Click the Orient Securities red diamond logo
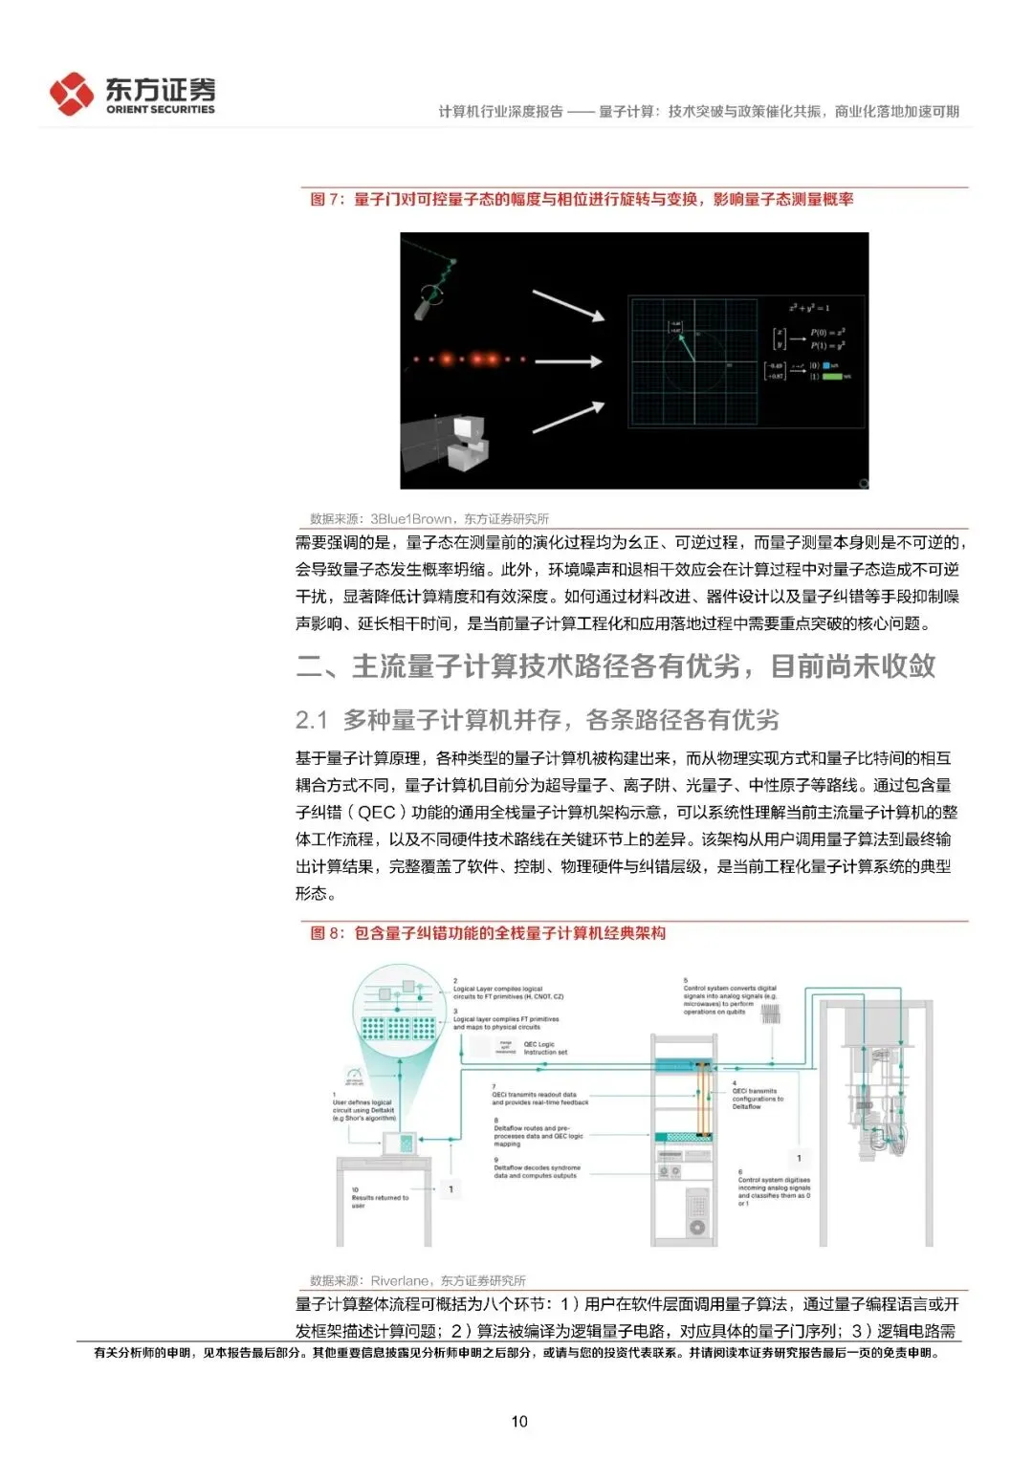(72, 94)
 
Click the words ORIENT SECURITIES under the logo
(160, 110)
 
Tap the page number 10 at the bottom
(519, 1421)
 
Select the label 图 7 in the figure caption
(326, 200)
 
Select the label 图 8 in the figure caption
(326, 933)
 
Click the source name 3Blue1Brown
(411, 519)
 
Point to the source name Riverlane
(400, 1280)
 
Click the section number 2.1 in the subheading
(312, 720)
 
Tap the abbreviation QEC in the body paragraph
(376, 813)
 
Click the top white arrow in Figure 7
(568, 305)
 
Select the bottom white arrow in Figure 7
(568, 418)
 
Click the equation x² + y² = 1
(809, 308)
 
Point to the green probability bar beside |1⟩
(832, 377)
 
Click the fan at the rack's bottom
(697, 1227)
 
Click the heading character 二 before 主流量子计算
(310, 666)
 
